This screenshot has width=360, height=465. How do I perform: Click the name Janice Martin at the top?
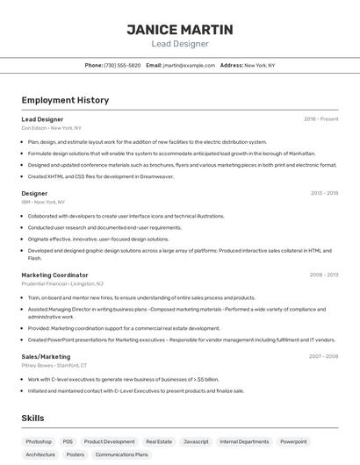point(179,29)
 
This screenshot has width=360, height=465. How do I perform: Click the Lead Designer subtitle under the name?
point(179,43)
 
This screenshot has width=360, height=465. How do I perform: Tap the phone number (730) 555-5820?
point(122,65)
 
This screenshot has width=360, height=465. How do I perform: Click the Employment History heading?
point(65,100)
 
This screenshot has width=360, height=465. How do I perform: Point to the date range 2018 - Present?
point(320,119)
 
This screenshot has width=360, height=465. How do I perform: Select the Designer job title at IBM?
point(35,193)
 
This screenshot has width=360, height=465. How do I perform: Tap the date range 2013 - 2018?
point(324,193)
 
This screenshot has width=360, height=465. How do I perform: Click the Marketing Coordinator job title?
point(54,275)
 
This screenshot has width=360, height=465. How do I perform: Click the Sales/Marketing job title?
point(46,356)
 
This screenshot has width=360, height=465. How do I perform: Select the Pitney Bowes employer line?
point(54,365)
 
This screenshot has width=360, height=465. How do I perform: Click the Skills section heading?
point(32,418)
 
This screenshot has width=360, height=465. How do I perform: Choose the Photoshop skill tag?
point(39,441)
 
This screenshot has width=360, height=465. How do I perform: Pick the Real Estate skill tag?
point(159,441)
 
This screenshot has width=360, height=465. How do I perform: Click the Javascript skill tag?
point(196,441)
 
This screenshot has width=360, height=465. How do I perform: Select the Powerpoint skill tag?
point(293,441)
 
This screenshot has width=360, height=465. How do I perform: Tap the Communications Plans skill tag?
point(122,455)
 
